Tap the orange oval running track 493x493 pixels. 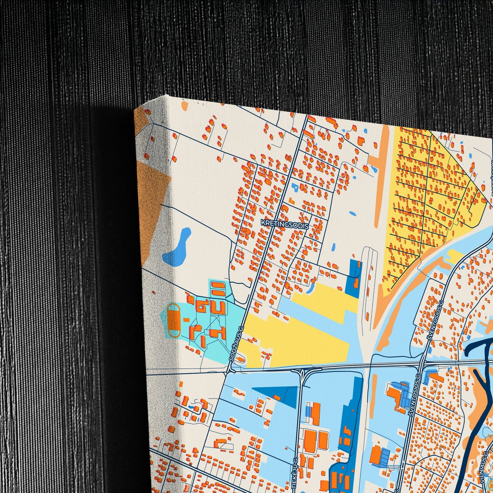pyautogui.click(x=174, y=320)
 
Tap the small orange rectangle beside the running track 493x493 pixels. pyautogui.click(x=187, y=320)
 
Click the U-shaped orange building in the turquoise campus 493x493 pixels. pyautogui.click(x=218, y=308)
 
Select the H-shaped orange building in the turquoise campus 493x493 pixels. pyautogui.click(x=218, y=333)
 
